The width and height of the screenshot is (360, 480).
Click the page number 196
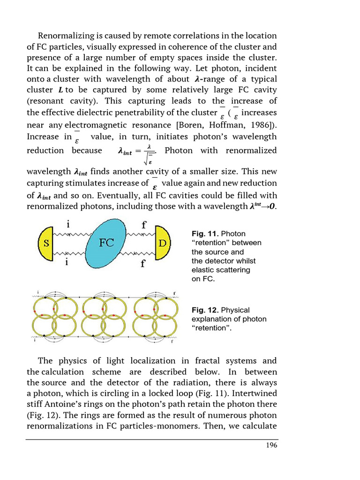tap(271, 445)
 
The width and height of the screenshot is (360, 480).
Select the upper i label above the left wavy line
tap(69, 224)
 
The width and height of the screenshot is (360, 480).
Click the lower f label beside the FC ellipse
tap(143, 263)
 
